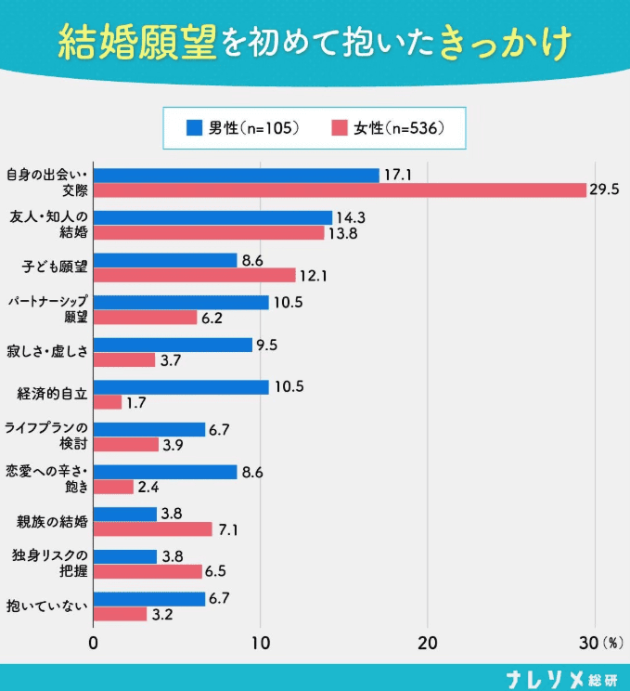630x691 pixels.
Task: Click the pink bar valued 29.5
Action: point(340,189)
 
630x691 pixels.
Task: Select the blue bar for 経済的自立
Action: point(181,386)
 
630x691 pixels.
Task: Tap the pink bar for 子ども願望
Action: point(195,275)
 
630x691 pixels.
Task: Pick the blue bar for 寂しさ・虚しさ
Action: point(173,345)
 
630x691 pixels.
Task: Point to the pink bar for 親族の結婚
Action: point(153,528)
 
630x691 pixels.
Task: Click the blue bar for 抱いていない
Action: point(149,599)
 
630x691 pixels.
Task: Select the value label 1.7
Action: point(136,403)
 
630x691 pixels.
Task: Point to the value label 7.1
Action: point(228,529)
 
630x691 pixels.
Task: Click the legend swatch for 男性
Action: point(194,128)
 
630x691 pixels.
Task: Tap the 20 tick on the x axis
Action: point(428,643)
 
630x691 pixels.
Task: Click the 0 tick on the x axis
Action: point(95,643)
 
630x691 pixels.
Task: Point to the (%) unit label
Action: point(613,643)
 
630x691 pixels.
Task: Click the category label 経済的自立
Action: point(52,394)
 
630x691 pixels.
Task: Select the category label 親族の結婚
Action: point(52,521)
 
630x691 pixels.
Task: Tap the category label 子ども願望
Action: point(54,267)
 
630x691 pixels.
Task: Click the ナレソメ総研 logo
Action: point(560,677)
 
